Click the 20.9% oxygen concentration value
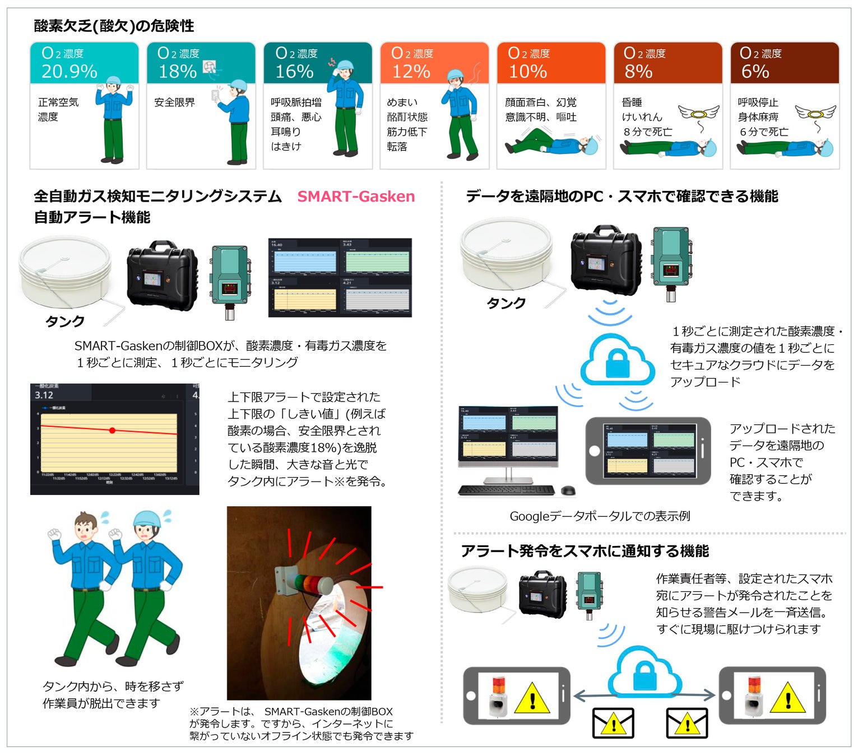[x=69, y=71]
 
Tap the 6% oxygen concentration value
[x=754, y=71]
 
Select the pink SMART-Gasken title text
[x=356, y=196]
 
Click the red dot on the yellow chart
[x=113, y=430]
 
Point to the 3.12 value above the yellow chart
[x=44, y=395]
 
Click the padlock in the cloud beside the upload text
[x=618, y=365]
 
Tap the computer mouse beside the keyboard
[x=568, y=491]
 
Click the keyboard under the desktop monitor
[x=506, y=491]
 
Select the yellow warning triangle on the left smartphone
[x=531, y=697]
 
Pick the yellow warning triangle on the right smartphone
[x=787, y=697]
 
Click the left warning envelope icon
[x=613, y=723]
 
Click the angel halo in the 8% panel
[x=698, y=114]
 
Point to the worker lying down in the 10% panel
[x=552, y=143]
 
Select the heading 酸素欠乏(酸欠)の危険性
[x=114, y=26]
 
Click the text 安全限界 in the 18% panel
[x=174, y=102]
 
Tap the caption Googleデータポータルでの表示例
[x=599, y=516]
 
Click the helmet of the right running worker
[x=148, y=519]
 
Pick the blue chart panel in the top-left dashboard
[x=304, y=262]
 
